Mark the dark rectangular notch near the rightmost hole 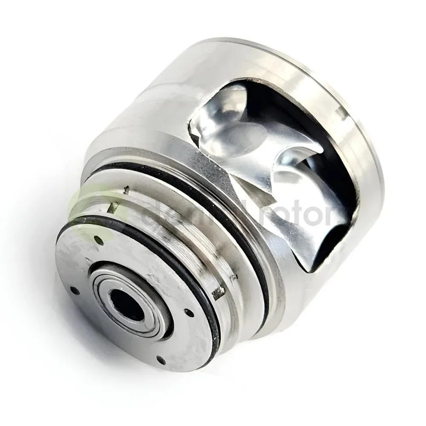tap(220, 293)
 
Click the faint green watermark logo tap(92, 213)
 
